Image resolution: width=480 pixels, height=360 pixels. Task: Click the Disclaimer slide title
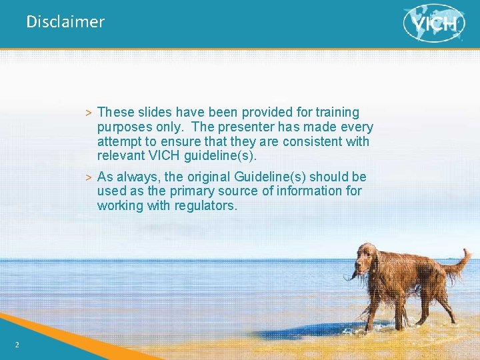tap(65, 22)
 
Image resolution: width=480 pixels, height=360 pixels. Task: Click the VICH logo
tap(434, 23)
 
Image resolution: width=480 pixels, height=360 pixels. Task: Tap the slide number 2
tap(17, 344)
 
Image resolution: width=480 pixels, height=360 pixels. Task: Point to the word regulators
tap(205, 205)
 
